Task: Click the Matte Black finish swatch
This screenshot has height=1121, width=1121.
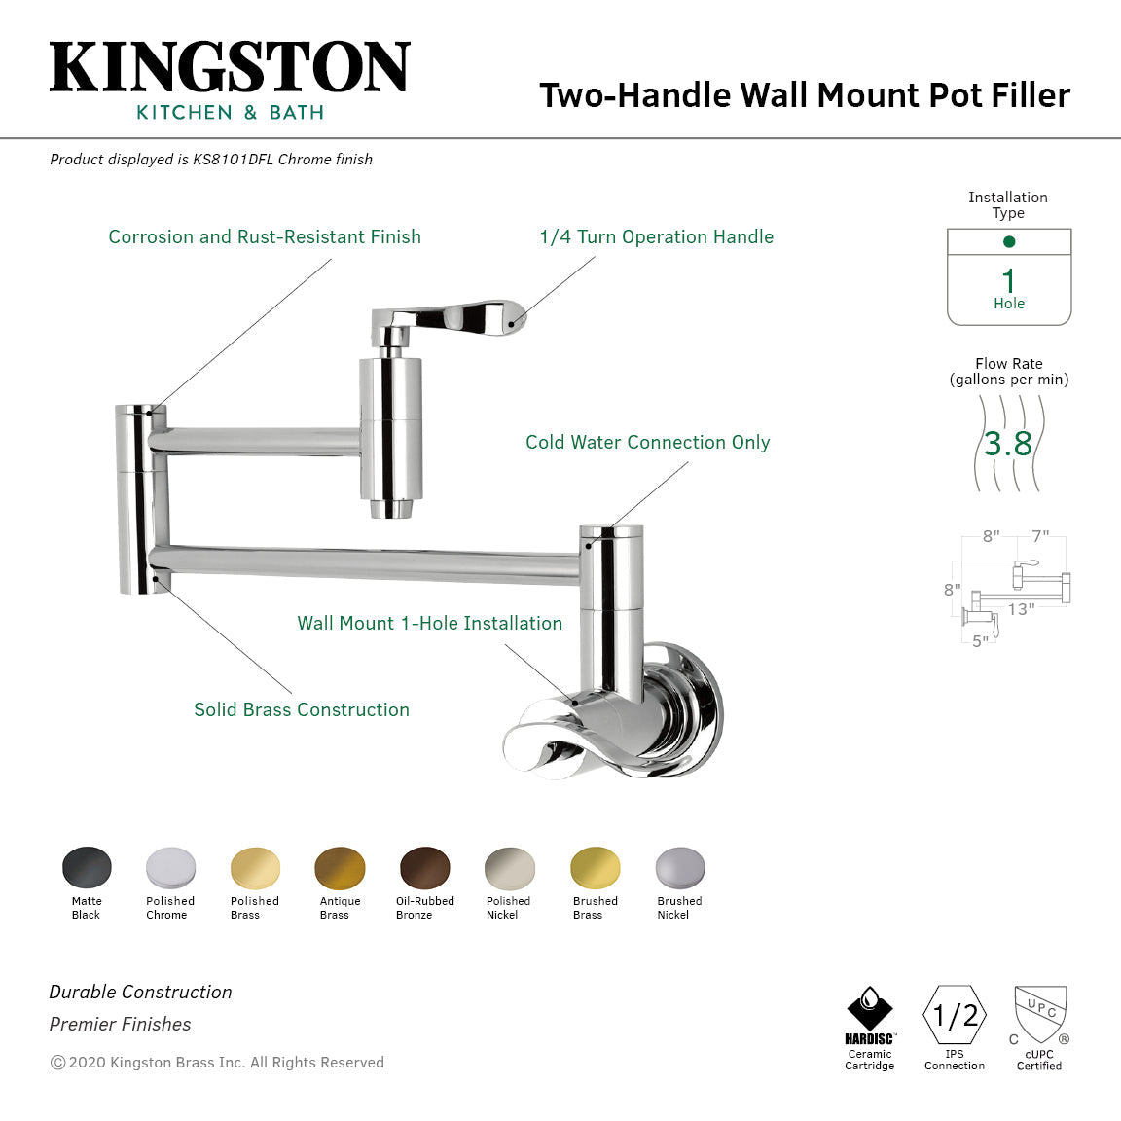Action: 87,867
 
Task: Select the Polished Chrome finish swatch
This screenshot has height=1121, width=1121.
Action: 170,867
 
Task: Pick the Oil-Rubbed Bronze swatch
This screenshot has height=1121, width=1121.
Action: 425,868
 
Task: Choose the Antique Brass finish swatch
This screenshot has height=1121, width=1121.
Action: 340,868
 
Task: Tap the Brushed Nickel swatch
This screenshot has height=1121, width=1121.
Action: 679,867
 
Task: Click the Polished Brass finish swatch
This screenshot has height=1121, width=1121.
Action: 255,868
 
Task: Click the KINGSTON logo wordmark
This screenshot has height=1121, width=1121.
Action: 230,67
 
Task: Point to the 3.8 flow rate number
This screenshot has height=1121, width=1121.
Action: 1008,444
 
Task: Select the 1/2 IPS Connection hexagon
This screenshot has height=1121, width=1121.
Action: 955,1016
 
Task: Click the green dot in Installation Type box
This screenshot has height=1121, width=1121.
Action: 1009,241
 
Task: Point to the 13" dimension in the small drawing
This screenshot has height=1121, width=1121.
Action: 1021,609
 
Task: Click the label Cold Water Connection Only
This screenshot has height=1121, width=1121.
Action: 647,442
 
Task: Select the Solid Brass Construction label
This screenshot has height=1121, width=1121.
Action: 302,709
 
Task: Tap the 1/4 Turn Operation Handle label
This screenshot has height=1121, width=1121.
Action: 656,236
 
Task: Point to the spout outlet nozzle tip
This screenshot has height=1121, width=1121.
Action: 389,509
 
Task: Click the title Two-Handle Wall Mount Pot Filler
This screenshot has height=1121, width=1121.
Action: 805,95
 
